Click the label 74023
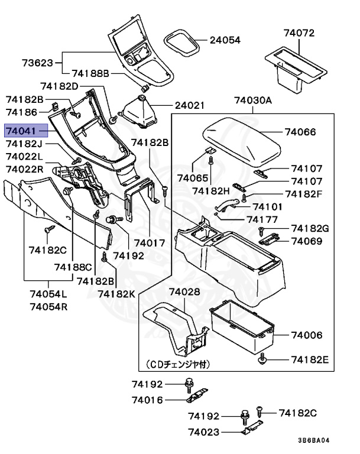tap(204, 432)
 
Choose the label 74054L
tap(48, 294)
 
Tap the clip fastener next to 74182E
tap(262, 358)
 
